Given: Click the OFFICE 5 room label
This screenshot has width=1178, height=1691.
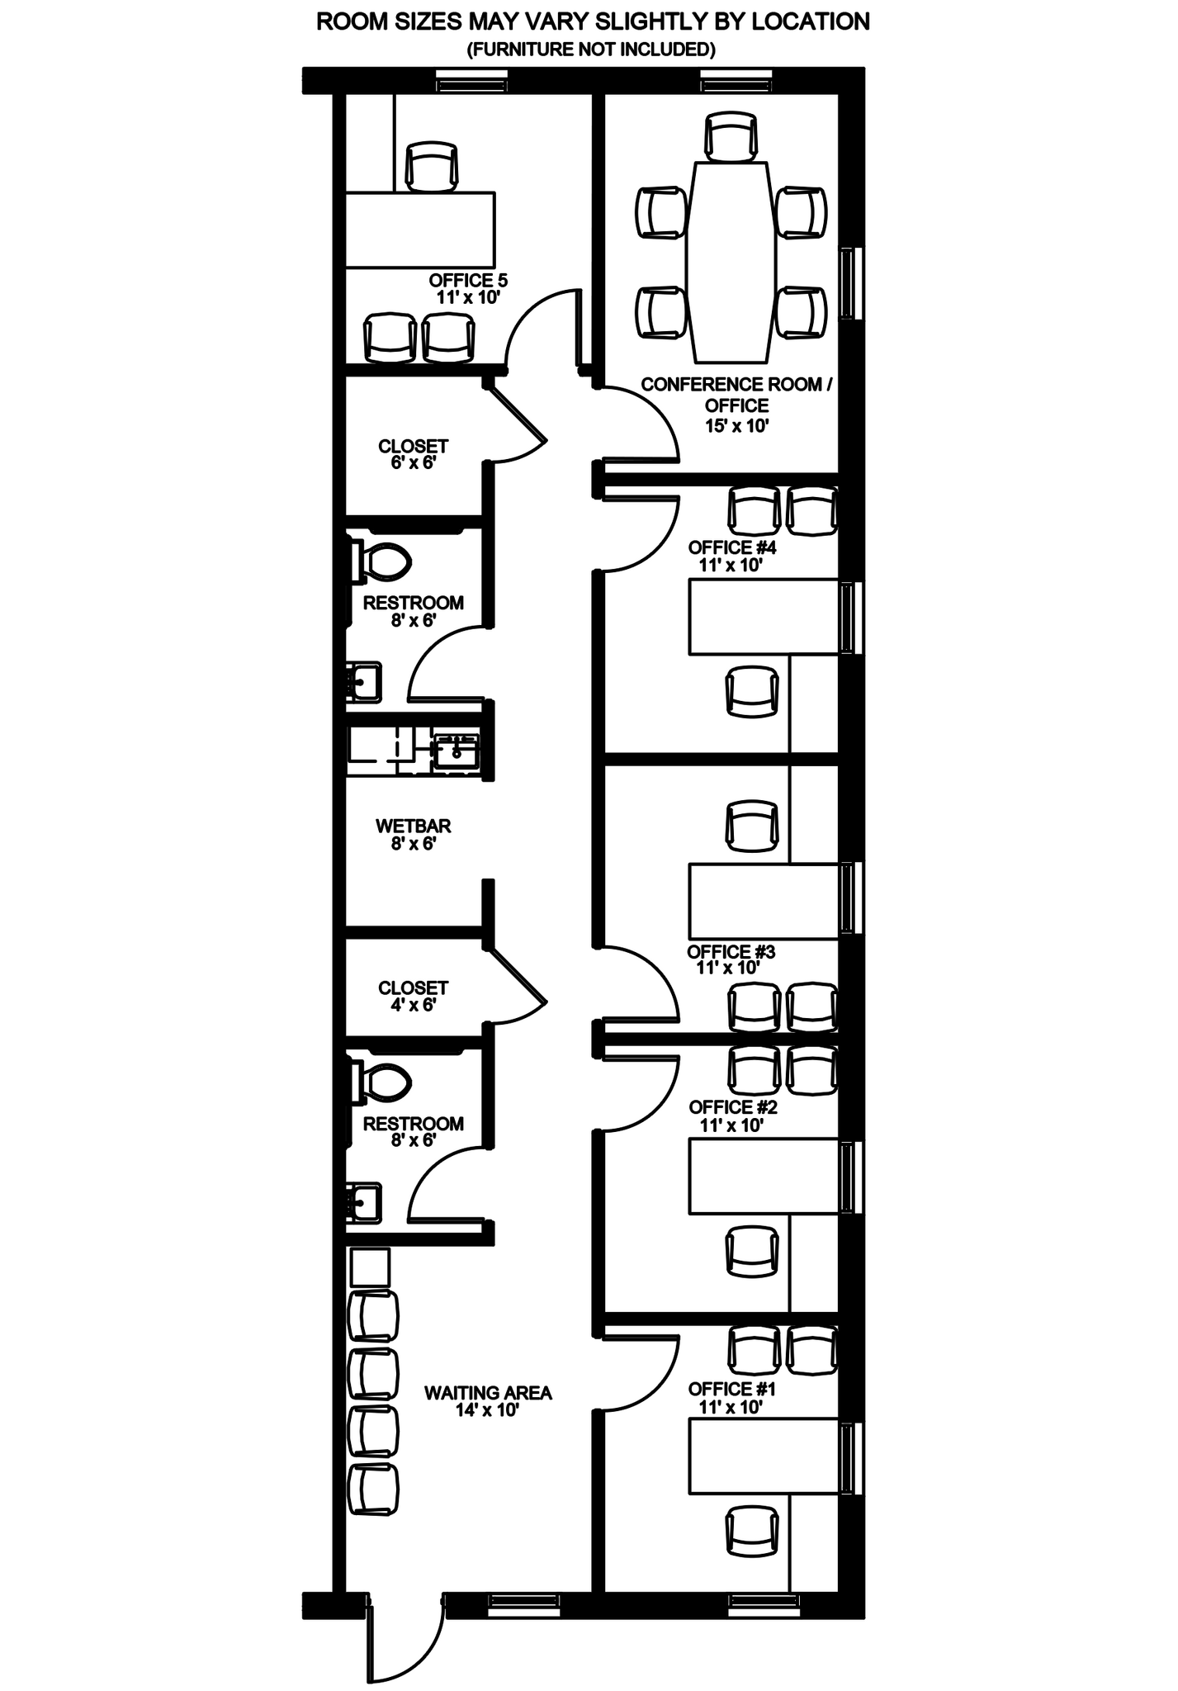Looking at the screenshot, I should tap(467, 281).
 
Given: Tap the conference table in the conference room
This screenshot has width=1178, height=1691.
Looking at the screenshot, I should tap(731, 262).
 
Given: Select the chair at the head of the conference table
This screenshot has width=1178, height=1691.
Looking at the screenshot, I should tap(731, 137).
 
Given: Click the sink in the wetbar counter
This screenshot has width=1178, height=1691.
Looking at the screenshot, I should tap(456, 751).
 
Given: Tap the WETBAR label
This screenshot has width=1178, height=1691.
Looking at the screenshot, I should tap(413, 826).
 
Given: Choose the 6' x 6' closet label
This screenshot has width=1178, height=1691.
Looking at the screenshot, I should tap(413, 454).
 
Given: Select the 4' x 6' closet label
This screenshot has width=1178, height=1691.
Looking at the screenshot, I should tap(413, 997).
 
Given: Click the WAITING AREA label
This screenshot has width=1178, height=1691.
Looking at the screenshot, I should tap(488, 1393).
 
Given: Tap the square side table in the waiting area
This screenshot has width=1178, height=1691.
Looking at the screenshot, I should tap(369, 1267).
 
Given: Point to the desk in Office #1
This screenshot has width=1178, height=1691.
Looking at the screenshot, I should tap(764, 1457).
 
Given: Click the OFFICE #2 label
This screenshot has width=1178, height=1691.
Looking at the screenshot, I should tap(733, 1106).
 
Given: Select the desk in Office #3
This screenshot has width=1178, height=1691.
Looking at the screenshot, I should tap(764, 901).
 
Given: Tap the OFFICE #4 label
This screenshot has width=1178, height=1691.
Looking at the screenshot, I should tap(732, 547).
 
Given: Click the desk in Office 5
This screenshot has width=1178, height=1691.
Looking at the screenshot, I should tap(419, 230).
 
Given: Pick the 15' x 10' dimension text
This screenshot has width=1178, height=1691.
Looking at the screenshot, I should tap(736, 426).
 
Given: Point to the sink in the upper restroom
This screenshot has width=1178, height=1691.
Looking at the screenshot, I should tap(363, 682).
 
